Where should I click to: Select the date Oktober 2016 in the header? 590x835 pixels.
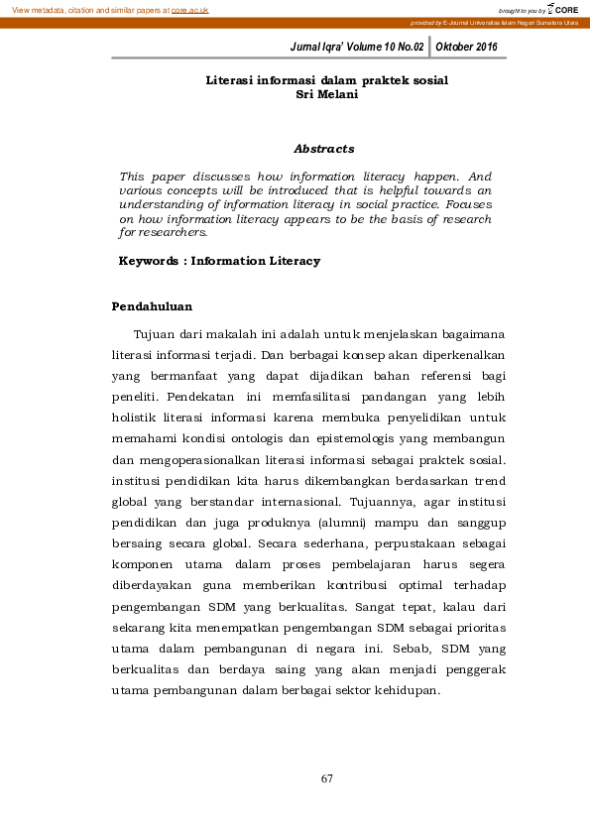[x=466, y=47]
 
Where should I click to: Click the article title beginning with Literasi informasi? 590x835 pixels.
[x=326, y=78]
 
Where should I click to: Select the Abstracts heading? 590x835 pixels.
[x=323, y=149]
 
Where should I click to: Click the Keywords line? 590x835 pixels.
[x=219, y=261]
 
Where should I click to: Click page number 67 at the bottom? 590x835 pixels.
[x=326, y=778]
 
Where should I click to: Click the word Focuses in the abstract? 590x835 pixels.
[x=467, y=204]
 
